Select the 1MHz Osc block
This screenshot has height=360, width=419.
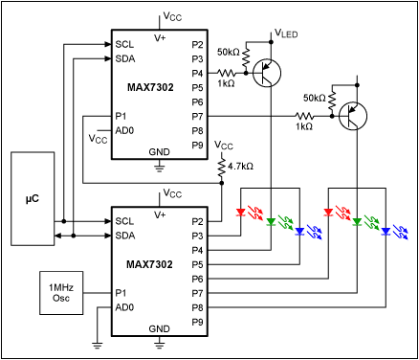point(61,293)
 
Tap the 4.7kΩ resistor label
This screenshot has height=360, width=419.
point(240,167)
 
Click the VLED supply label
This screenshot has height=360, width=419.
point(286,33)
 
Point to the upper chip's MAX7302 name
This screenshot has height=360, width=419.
point(150,87)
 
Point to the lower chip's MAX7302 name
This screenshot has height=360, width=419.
point(149,264)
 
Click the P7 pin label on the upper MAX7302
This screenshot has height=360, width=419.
point(197,117)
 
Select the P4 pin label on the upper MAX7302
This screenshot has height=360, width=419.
point(197,73)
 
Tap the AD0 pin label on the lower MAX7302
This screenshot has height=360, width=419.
point(124,307)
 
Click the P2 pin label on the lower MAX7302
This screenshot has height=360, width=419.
point(197,221)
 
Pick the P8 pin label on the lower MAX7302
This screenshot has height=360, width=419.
point(197,307)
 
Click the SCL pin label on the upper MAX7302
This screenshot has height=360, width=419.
point(124,44)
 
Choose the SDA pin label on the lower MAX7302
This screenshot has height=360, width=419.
point(125,236)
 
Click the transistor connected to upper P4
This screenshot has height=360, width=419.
point(267,73)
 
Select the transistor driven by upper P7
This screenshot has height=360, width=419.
point(353,116)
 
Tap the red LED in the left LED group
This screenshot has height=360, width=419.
point(240,213)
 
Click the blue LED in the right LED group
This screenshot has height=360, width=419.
point(386,232)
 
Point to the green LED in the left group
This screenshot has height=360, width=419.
point(271,222)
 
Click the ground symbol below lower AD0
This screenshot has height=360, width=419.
point(98,346)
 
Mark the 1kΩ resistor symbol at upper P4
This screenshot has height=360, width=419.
point(227,74)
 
